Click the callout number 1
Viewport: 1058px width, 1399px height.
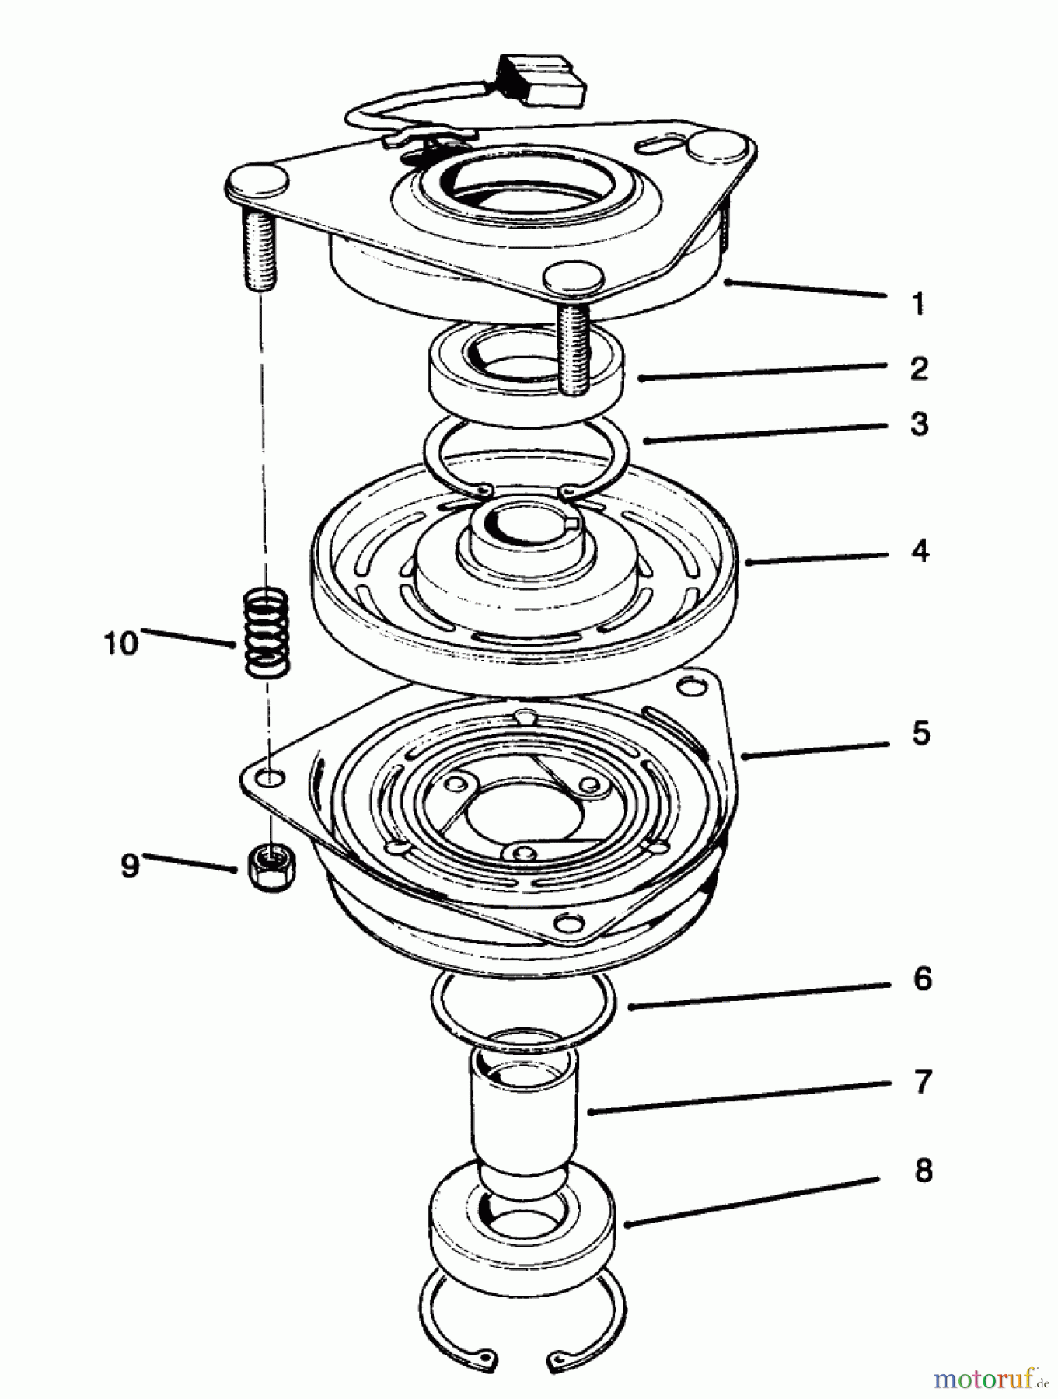coord(918,304)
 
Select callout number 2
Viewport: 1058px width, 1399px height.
coord(919,368)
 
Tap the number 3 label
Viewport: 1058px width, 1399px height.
coord(920,424)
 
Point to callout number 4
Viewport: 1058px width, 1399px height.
coord(920,551)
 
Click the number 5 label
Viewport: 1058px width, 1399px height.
coord(921,732)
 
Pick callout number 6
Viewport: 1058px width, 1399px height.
coord(922,979)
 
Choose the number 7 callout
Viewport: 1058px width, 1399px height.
coord(923,1081)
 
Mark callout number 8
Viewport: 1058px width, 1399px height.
coord(923,1170)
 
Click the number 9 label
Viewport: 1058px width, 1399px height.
coord(129,865)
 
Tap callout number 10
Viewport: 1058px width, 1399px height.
coord(120,644)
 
